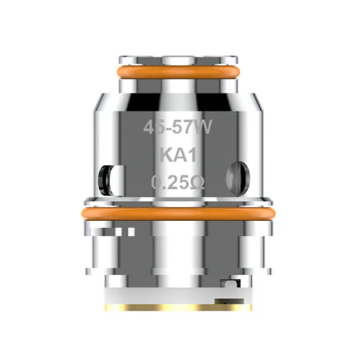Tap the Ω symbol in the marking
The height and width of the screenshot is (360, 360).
(198, 182)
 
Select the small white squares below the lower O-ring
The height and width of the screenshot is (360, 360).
(122, 231)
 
